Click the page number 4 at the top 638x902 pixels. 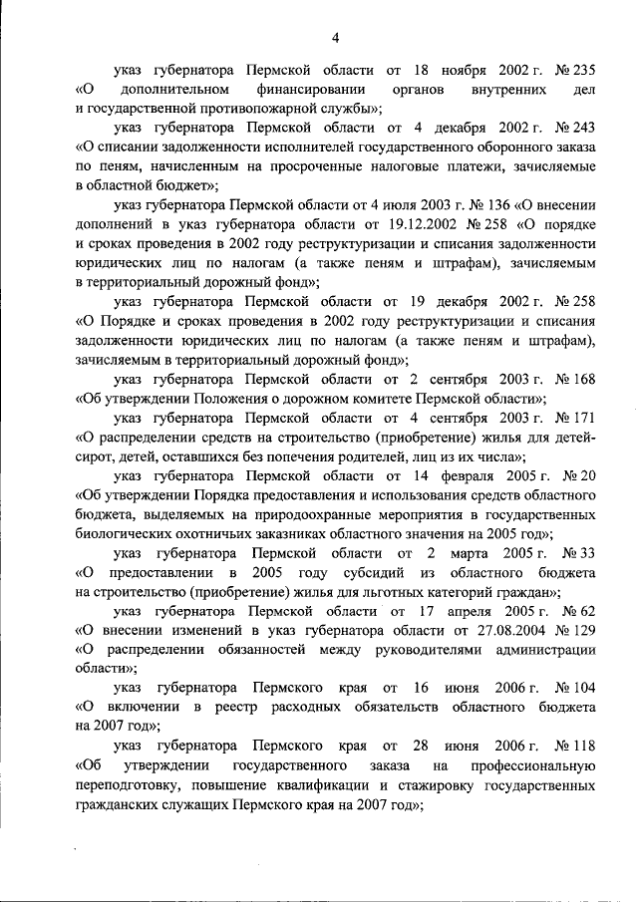[x=336, y=38]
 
